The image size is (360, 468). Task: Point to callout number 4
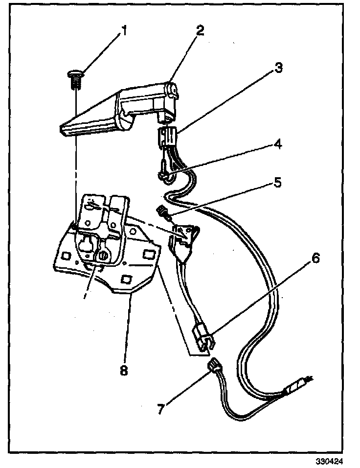(277, 144)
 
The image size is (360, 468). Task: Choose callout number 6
(315, 258)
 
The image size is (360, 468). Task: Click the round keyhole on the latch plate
(103, 255)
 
